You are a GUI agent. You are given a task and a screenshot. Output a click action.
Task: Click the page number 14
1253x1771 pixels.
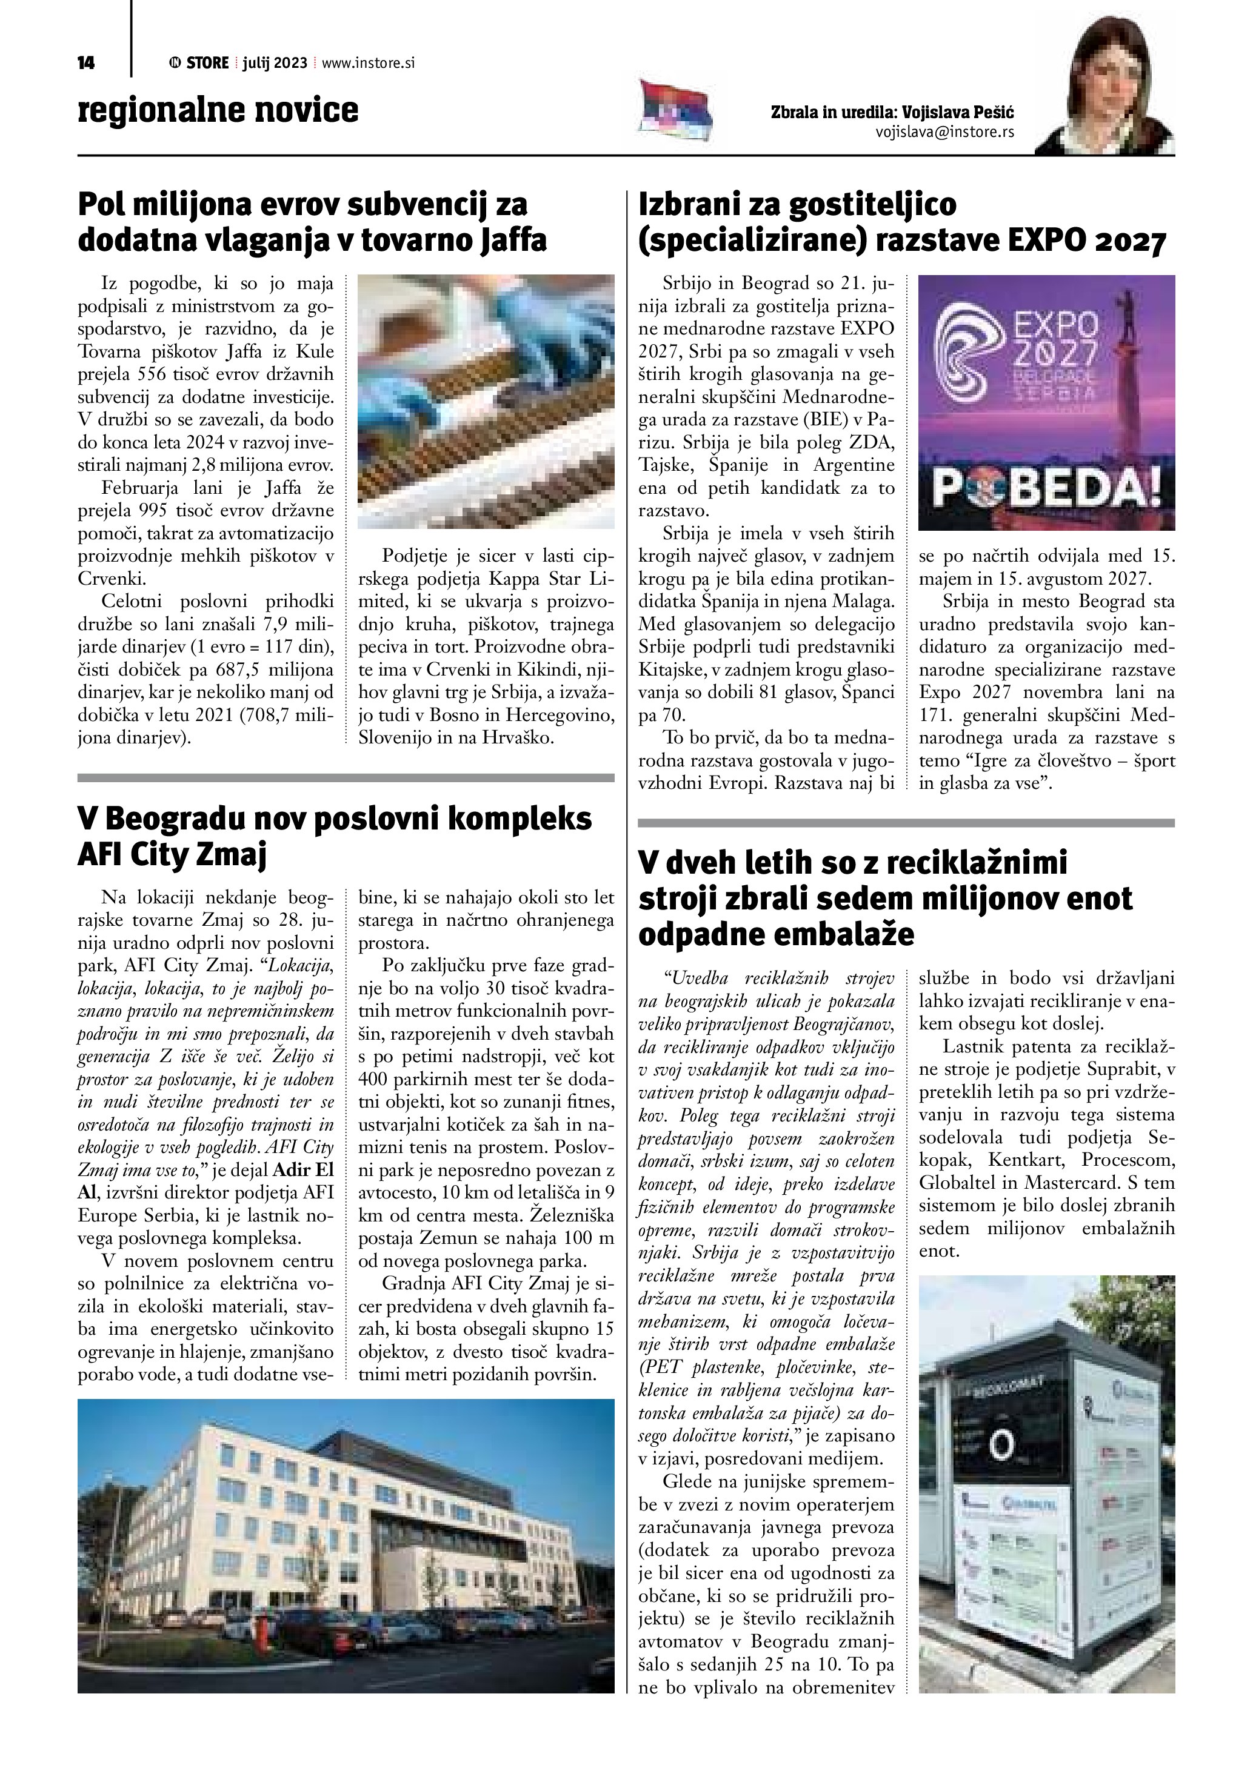coord(85,63)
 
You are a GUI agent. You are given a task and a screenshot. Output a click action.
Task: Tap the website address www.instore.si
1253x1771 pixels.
coord(368,63)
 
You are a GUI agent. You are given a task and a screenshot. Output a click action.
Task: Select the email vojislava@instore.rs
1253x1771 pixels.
coord(944,132)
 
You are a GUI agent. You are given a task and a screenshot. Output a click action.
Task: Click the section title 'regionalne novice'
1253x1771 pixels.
coord(218,110)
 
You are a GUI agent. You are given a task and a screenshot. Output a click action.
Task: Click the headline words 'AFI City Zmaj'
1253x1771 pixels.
coord(172,856)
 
